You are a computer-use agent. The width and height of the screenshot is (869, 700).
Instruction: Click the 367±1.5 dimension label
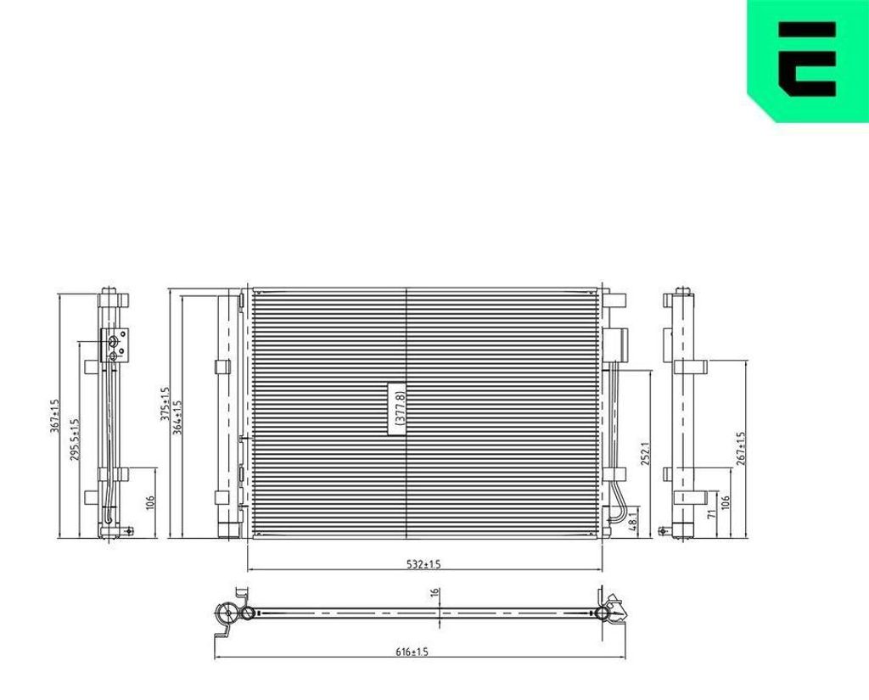click(53, 417)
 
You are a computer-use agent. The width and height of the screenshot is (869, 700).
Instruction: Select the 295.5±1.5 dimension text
click(75, 440)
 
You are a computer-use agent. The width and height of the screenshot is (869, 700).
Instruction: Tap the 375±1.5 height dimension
click(165, 404)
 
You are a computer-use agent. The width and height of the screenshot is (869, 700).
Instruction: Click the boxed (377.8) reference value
click(398, 408)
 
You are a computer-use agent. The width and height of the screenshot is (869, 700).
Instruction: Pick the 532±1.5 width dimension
click(423, 565)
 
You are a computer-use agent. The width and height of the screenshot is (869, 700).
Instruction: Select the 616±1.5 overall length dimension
click(412, 652)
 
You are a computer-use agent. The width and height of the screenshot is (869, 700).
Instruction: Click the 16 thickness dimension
click(435, 592)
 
